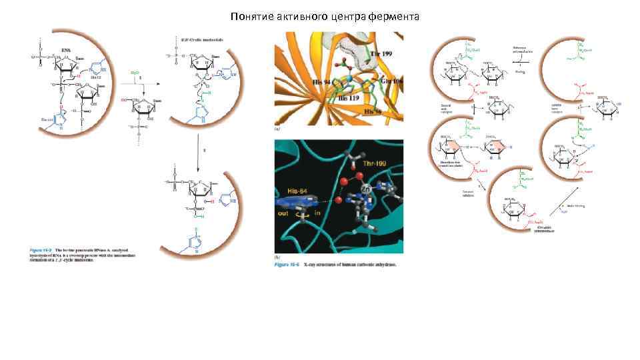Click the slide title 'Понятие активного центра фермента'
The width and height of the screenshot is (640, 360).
click(x=325, y=16)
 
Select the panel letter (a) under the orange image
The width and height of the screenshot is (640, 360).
click(x=277, y=127)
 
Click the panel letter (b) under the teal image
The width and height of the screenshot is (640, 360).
click(x=277, y=257)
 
